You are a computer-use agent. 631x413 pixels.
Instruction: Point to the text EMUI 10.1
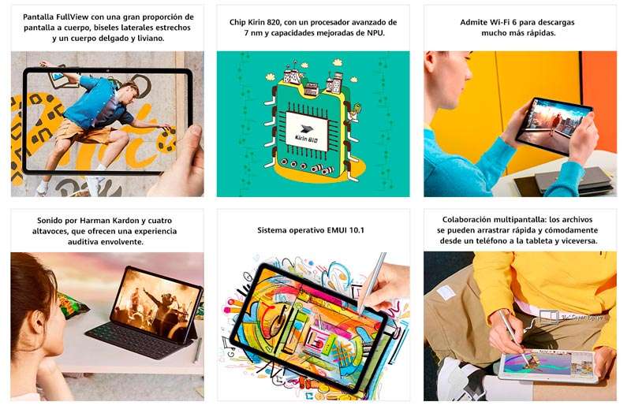coord(343,230)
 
